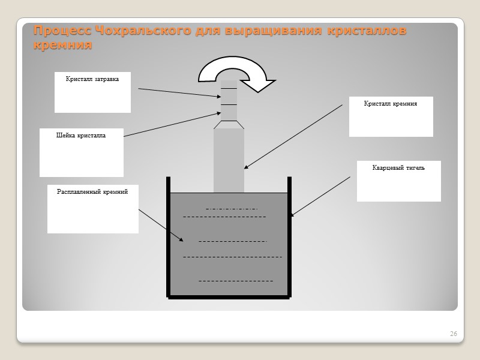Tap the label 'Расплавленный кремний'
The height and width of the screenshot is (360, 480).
click(92, 192)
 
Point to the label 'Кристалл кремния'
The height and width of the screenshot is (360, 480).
click(390, 104)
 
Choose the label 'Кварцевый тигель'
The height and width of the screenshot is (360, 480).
click(398, 168)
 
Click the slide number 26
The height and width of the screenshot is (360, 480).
click(453, 334)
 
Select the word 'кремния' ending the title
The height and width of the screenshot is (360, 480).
click(62, 45)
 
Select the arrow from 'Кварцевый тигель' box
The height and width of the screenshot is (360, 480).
click(320, 196)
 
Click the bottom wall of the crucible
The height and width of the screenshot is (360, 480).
click(229, 296)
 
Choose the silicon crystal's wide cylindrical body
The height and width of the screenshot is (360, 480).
click(229, 159)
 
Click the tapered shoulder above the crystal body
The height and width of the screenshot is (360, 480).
click(229, 125)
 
